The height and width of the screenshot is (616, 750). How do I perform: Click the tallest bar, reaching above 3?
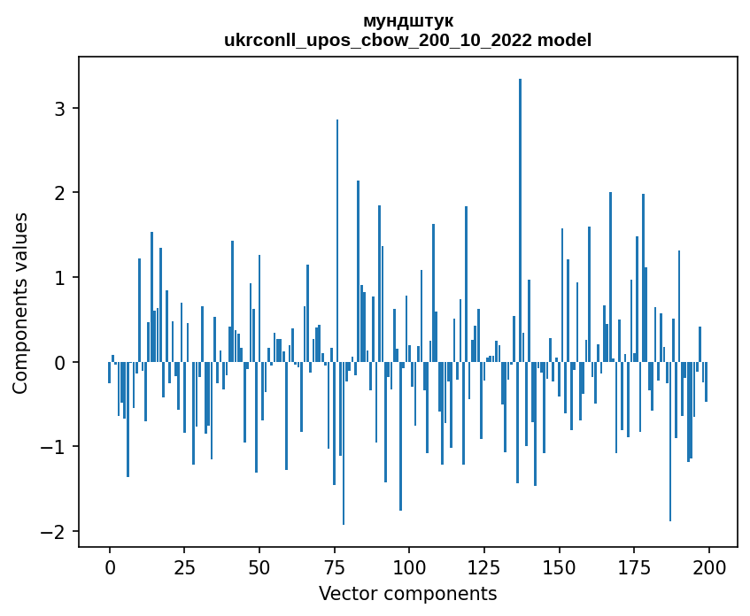[520, 221]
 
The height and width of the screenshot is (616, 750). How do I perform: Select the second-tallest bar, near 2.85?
[337, 241]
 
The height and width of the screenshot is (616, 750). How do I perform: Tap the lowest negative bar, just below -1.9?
[344, 443]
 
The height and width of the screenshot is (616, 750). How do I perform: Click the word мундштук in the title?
[408, 20]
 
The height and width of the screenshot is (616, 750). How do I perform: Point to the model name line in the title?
[408, 40]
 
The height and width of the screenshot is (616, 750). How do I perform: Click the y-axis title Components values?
[20, 303]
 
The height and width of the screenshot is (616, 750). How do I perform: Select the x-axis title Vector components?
[408, 593]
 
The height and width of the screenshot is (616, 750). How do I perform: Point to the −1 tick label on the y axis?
[56, 447]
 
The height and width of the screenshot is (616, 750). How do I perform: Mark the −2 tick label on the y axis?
[56, 531]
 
